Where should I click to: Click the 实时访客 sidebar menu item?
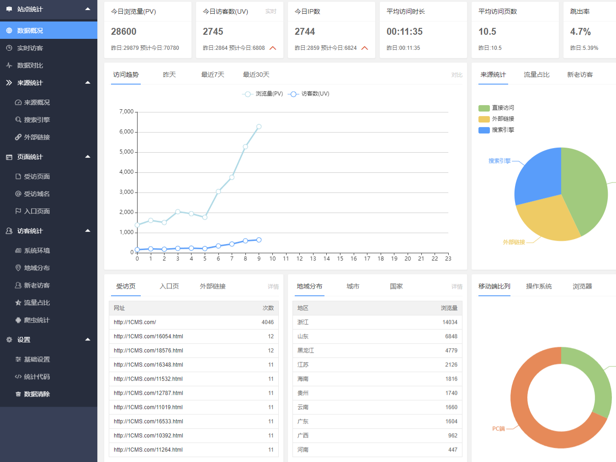(x=30, y=48)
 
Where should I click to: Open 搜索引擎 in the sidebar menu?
(x=37, y=120)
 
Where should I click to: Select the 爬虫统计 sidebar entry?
(x=37, y=320)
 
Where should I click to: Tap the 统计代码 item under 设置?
(x=37, y=377)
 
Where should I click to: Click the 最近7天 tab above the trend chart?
(x=212, y=74)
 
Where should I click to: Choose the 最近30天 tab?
(x=256, y=74)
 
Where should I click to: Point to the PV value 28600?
(x=124, y=32)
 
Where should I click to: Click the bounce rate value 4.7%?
(x=580, y=32)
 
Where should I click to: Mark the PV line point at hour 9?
(x=259, y=127)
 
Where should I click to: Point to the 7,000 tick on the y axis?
(x=127, y=112)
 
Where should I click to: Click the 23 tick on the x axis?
(x=448, y=259)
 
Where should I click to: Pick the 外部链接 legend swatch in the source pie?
(x=484, y=119)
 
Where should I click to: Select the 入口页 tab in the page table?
(x=169, y=286)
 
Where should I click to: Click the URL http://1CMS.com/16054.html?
(x=149, y=336)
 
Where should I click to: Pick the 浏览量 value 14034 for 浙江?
(x=450, y=322)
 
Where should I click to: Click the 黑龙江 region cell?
(x=306, y=350)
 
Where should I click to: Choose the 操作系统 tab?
(x=539, y=286)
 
